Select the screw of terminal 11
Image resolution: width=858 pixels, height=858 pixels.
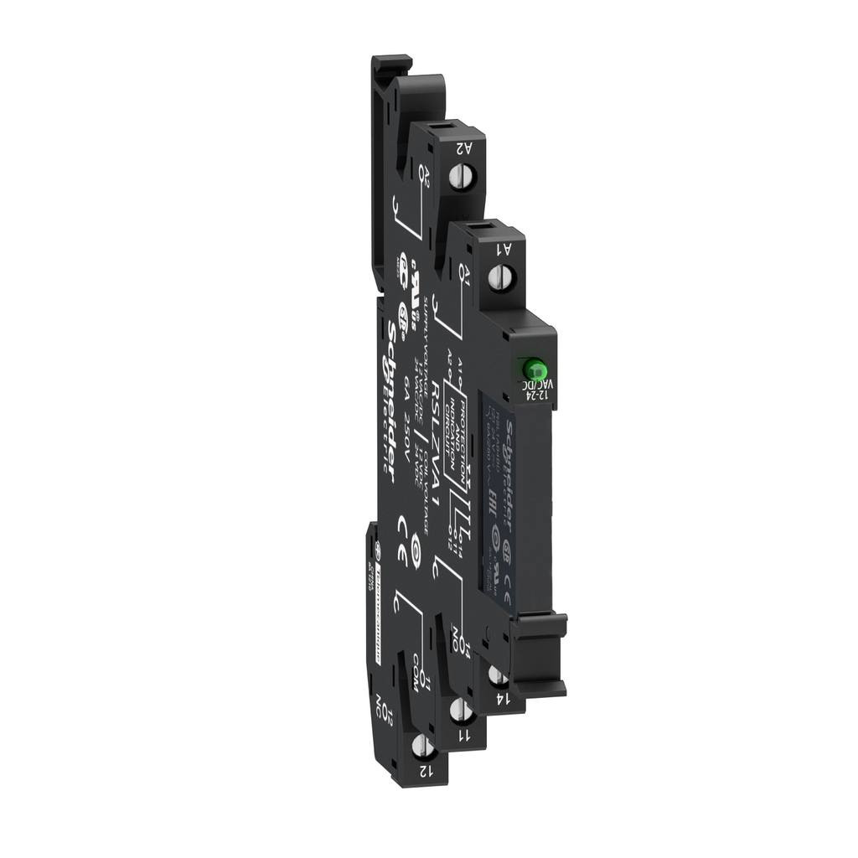pyautogui.click(x=458, y=711)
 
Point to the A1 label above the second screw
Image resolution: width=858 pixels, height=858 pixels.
pyautogui.click(x=504, y=248)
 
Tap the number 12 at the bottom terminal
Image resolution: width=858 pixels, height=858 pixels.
pyautogui.click(x=427, y=769)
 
